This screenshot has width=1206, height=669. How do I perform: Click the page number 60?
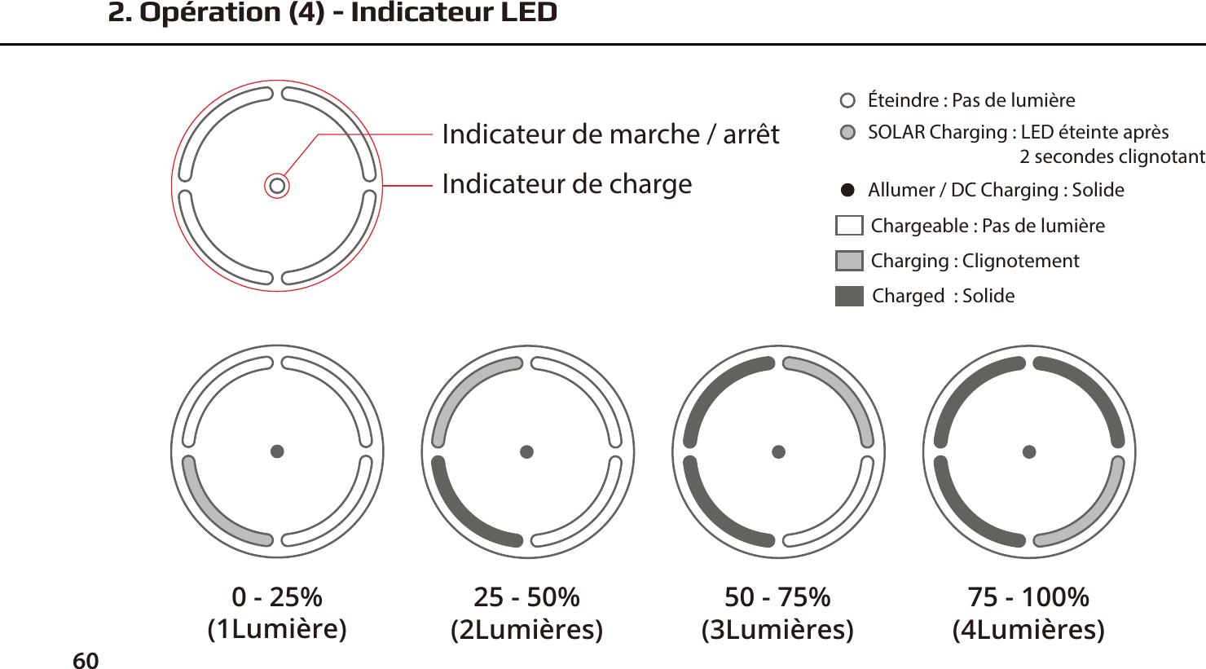pos(86,660)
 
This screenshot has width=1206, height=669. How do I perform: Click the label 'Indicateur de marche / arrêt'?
pos(610,134)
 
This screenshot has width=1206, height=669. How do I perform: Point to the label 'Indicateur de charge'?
pos(566,184)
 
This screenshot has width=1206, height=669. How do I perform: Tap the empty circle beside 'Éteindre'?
pos(847,100)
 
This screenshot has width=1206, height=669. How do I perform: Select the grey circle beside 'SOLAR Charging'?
pos(847,132)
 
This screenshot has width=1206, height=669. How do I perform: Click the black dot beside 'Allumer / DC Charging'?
pos(847,190)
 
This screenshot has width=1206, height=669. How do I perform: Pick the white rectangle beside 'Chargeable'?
pos(848,226)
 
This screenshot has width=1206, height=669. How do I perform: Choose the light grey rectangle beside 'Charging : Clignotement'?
pos(848,261)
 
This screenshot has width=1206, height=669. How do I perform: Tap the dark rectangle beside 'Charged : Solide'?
pos(848,296)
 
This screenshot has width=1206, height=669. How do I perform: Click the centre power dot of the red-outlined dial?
pos(277,186)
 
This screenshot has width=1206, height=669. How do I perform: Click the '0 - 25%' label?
pos(277,597)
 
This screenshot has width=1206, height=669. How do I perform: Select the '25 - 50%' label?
pos(527,597)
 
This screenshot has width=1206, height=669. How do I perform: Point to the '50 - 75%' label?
pos(777,597)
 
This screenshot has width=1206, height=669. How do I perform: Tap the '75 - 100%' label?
pos(1028,597)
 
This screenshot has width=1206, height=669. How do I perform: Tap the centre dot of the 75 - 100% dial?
pos(1029,451)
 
